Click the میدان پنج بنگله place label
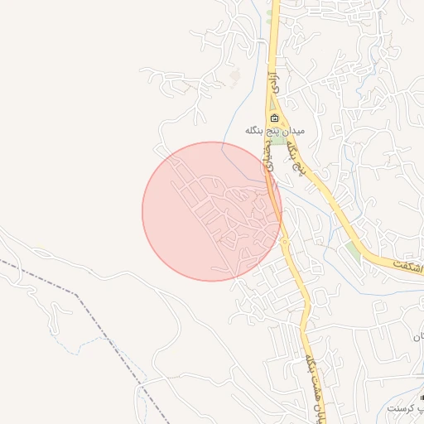275,132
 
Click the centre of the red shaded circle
211,211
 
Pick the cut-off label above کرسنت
419,338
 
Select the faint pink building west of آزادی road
235,77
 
